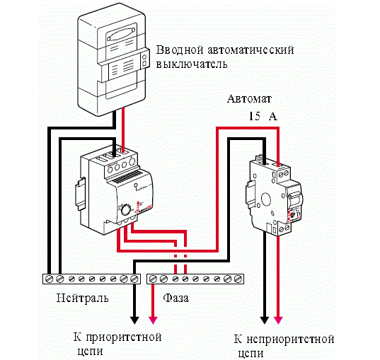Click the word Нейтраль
tap(82, 298)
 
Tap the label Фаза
tap(175, 298)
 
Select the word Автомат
tap(249, 99)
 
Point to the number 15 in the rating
tap(255, 116)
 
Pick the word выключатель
tap(192, 64)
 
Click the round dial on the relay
tap(126, 210)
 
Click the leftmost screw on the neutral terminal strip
tap(50, 279)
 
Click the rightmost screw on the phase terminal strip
tap(238, 279)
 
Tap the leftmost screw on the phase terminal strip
tap(153, 279)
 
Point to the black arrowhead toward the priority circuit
tap(134, 320)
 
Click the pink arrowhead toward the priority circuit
tap(153, 320)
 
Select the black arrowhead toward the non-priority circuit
tap(265, 320)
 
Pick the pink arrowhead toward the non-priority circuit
tap(278, 320)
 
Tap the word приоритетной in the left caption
tap(124, 337)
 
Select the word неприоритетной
tap(291, 339)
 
